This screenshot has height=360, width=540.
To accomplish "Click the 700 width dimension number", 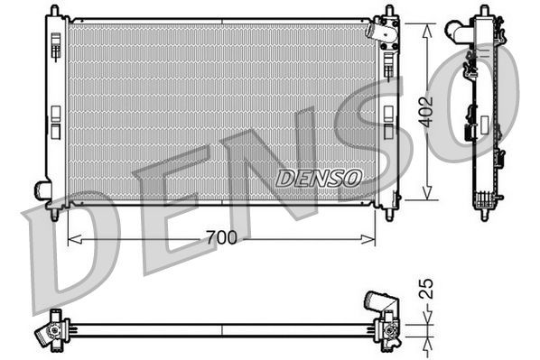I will click(221, 238).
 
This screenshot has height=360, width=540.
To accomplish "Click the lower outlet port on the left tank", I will click(42, 189).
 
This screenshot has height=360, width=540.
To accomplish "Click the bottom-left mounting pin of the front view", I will click(56, 215).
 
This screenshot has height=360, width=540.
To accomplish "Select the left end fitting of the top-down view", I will click(51, 331).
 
